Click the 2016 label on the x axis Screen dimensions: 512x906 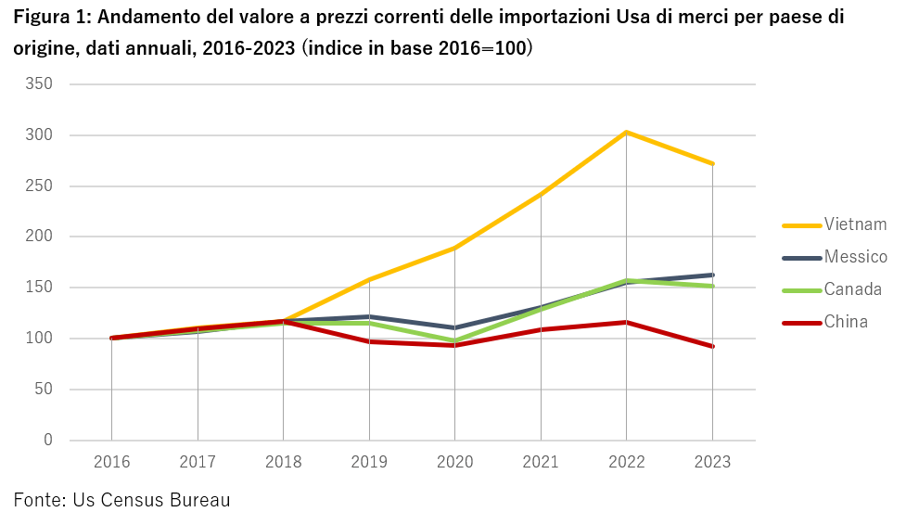point(111,462)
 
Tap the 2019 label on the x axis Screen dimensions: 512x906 point(369,462)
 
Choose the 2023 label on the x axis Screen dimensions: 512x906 point(712,462)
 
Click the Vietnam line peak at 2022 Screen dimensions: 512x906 point(626,133)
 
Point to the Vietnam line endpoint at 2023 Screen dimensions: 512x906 point(712,164)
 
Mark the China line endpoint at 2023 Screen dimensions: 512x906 point(712,347)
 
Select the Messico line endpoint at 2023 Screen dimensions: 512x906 point(712,275)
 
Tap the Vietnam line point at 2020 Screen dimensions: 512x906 point(454,248)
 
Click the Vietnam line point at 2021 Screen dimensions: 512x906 point(541,194)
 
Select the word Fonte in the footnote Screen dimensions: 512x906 point(38,500)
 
